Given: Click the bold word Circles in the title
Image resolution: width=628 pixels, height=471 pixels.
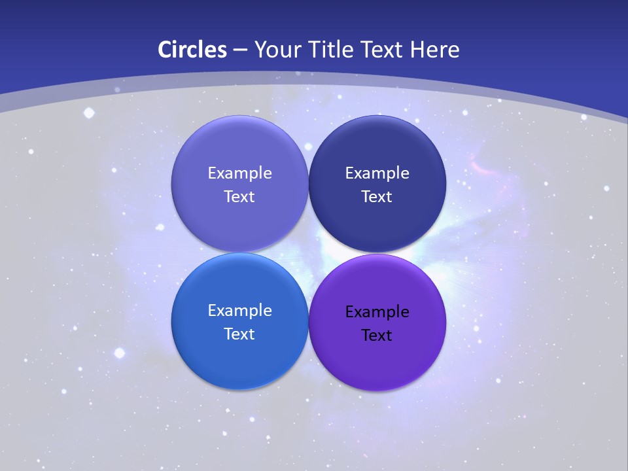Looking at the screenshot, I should [192, 50].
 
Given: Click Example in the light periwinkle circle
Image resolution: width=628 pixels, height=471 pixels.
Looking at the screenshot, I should [239, 173].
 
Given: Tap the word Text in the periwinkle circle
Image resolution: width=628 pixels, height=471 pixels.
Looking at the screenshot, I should [239, 196].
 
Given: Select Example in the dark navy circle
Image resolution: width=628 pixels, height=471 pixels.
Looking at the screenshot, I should [377, 173].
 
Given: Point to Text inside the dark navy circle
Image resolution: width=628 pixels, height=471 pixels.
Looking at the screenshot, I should [377, 196].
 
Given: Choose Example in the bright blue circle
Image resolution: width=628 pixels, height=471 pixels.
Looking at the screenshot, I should [239, 310].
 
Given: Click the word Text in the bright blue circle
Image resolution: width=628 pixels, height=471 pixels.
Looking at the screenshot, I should [239, 334].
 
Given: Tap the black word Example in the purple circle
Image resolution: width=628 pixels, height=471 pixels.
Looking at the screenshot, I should [377, 311].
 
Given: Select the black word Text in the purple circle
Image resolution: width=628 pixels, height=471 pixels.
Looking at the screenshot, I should [377, 335].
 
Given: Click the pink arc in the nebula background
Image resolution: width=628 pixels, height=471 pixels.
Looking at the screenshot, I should [484, 168].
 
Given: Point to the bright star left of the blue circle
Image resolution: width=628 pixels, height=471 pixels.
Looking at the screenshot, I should [119, 353].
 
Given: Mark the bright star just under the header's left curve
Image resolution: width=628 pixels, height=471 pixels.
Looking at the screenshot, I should [89, 113].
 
